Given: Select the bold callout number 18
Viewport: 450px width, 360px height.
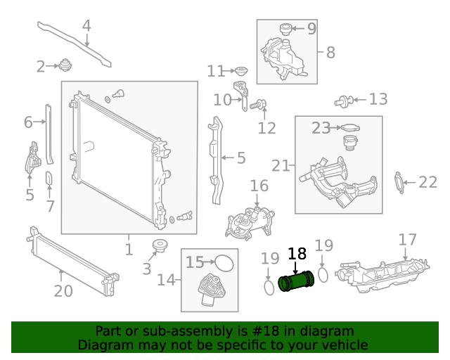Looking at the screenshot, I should click(297, 254).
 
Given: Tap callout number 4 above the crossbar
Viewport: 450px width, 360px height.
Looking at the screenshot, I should click(86, 27).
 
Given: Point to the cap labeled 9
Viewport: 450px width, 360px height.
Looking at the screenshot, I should click(285, 29).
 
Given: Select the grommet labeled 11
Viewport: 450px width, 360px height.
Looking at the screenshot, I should click(240, 71).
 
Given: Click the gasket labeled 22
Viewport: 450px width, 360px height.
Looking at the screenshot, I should click(400, 182).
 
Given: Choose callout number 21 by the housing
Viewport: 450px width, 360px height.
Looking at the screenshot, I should click(281, 165).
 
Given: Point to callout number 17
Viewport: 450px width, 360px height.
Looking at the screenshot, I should click(408, 240).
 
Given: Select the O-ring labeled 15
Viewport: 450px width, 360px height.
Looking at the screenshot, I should click(224, 263).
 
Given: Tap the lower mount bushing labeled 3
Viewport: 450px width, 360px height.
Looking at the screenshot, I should click(160, 246).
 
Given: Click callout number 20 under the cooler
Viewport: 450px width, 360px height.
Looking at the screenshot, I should click(63, 290).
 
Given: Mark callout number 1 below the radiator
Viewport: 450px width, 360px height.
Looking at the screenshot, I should click(129, 249).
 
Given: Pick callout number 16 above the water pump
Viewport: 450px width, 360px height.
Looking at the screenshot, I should click(259, 186).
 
